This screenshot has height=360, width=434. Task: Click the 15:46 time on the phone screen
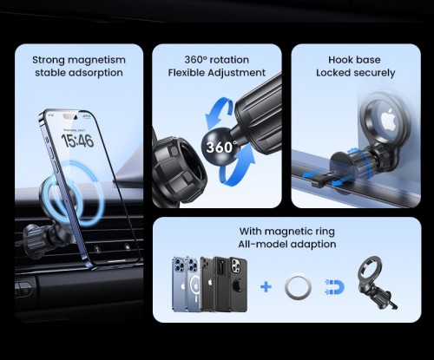pyautogui.click(x=77, y=141)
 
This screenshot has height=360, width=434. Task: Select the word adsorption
pyautogui.click(x=95, y=73)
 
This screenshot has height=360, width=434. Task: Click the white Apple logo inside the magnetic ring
pyautogui.click(x=388, y=119)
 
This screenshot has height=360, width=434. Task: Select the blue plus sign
pyautogui.click(x=266, y=287)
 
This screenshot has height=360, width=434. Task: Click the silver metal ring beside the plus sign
pyautogui.click(x=298, y=287)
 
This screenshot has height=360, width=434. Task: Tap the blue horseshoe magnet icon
pyautogui.click(x=334, y=287)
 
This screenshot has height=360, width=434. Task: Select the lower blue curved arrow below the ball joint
pyautogui.click(x=236, y=165)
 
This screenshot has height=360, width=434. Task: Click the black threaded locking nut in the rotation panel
pyautogui.click(x=179, y=171)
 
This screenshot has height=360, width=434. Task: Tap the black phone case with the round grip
pyautogui.click(x=239, y=284)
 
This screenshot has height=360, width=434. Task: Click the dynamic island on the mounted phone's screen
pyautogui.click(x=69, y=116)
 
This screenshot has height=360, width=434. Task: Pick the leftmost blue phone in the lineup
pyautogui.click(x=180, y=284)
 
